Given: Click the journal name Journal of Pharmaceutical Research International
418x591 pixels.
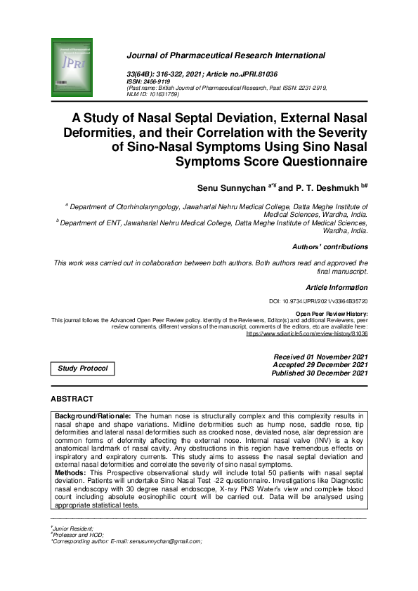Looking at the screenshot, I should click(225, 55).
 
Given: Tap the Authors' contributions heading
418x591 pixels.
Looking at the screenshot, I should click(329, 247).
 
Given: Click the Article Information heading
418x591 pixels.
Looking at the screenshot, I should click(337, 288).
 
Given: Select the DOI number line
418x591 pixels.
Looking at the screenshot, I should click(318, 301).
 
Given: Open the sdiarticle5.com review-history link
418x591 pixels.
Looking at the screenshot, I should click(306, 334).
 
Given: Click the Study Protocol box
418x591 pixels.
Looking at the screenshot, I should click(82, 368).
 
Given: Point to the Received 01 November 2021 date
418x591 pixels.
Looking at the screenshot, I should click(320, 357).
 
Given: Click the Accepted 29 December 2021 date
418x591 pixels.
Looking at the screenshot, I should click(320, 365).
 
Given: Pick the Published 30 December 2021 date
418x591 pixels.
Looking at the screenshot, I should click(320, 373).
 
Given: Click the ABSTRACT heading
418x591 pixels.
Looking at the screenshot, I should click(72, 399).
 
